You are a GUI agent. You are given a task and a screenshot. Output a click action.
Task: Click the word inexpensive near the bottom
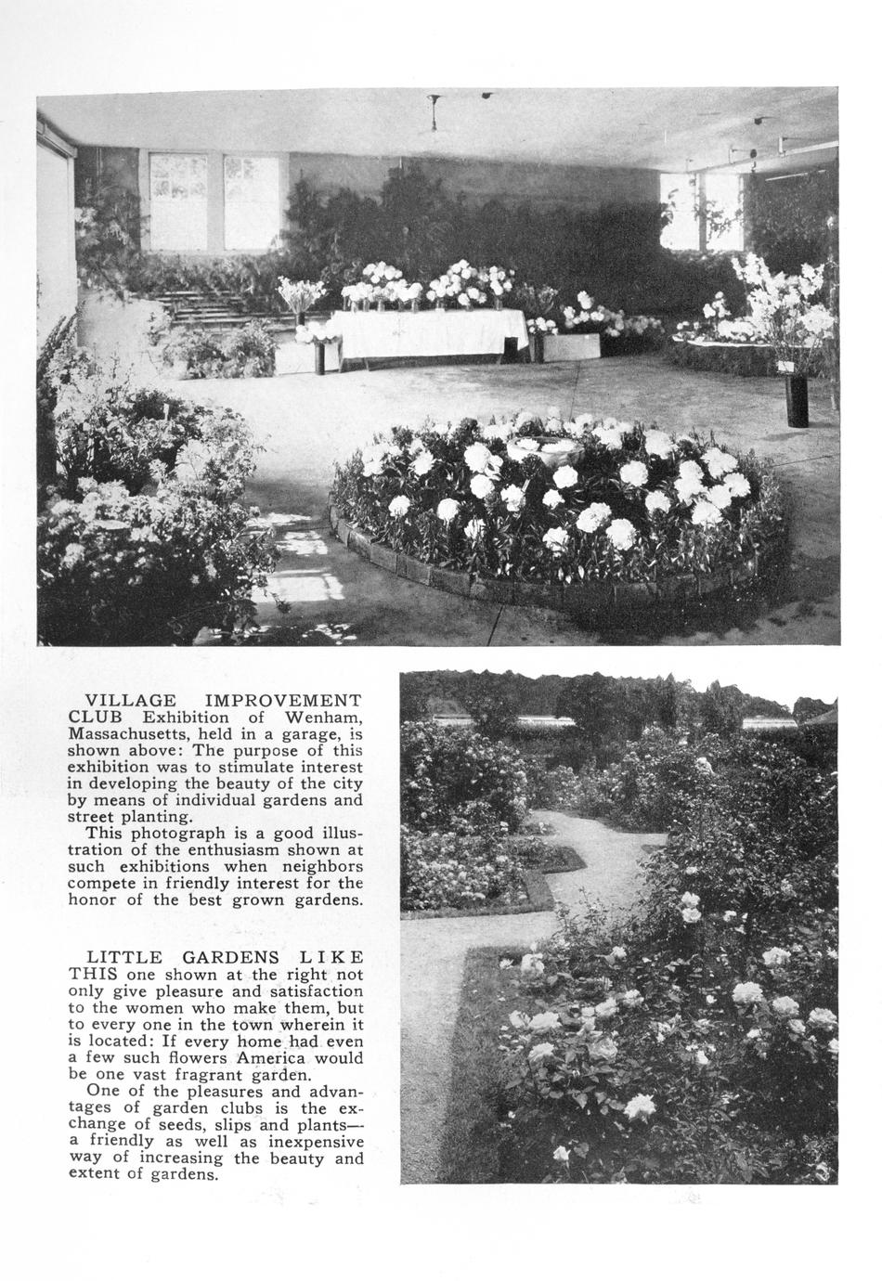click(316, 1142)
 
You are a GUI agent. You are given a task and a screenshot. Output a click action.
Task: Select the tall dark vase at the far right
click(797, 401)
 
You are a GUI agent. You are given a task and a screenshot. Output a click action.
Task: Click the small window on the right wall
click(702, 212)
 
